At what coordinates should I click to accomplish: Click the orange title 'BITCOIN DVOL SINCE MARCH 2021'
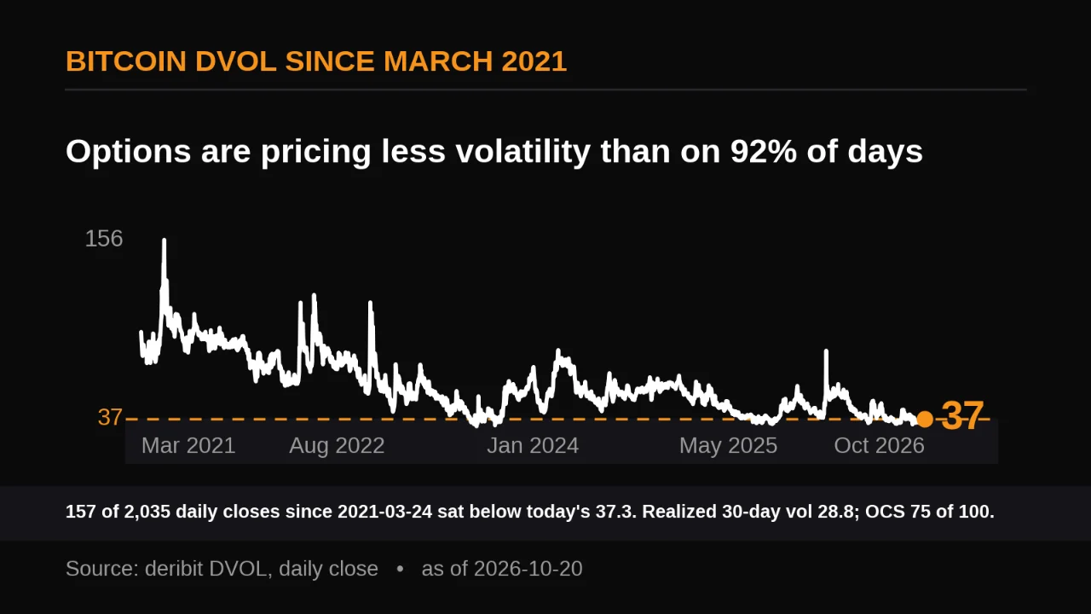coord(316,61)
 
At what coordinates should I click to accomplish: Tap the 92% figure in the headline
coord(764,151)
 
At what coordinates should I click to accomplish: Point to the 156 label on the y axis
coord(104,239)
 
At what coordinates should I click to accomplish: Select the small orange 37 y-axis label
coord(110,417)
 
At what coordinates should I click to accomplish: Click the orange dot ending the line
coord(925,419)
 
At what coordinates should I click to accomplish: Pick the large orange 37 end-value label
coord(962,416)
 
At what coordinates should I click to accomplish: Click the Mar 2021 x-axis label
coord(188,445)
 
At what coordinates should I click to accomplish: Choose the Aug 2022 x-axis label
coord(337,445)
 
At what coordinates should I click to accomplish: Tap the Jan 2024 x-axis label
coord(533,445)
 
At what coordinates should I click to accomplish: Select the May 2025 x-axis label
coord(728,445)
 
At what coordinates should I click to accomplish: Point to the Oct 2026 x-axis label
coord(879,445)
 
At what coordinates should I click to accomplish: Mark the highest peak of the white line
coord(165,240)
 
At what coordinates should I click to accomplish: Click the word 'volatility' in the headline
coord(523,151)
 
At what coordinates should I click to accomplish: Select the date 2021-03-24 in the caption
coord(384,512)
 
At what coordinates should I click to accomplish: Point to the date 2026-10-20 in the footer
coord(528,569)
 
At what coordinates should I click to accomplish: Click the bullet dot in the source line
coord(400,569)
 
